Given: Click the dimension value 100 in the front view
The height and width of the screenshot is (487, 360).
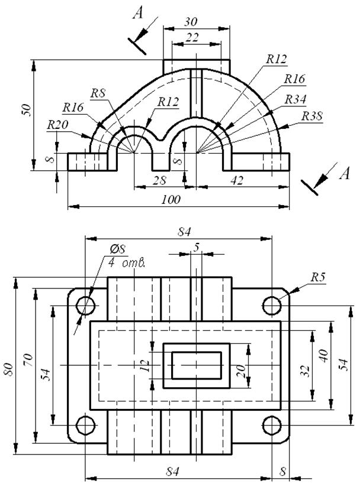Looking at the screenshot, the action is pos(171,199).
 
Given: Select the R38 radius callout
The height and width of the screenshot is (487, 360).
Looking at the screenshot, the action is pos(312,116).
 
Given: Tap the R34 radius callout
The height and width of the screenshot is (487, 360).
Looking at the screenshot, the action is pos(295,100).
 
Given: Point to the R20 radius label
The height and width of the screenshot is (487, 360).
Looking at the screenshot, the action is pos(57,125).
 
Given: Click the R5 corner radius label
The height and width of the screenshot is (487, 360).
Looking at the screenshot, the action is pos(318,277).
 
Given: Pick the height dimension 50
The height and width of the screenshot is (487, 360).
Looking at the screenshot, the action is pos(27,110).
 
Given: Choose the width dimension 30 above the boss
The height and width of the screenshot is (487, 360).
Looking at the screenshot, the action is pos(191,22).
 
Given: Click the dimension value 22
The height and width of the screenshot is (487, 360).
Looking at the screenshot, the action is pos(192,38).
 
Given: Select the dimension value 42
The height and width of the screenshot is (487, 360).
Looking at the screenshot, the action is pos(237,180).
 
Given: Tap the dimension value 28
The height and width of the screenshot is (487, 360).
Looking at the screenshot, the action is pos(159,180).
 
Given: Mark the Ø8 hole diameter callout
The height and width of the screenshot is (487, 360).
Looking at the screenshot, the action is pos(118,249).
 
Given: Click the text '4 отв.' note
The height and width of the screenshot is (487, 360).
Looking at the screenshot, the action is pos(126,264).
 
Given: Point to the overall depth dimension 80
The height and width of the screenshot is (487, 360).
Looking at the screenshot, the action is pos(9,369).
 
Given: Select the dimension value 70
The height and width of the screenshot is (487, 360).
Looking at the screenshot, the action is pos(28,360).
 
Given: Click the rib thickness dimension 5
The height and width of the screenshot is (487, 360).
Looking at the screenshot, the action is pos(197,247).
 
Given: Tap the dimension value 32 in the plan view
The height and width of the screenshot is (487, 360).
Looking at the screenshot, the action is pos(306,371).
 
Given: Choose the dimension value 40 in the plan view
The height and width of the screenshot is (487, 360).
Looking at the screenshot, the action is pos(324,356).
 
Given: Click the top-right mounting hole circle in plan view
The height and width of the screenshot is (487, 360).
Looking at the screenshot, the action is pos(272,306).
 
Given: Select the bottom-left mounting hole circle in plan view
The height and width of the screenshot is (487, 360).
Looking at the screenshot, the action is pos(86,425).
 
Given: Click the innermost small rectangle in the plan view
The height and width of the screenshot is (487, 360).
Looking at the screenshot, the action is pos(197,366).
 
